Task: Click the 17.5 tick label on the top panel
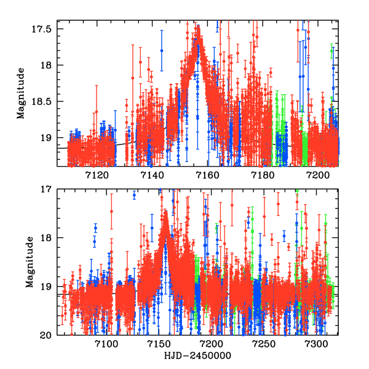(48, 28)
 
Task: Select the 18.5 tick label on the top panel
(48, 101)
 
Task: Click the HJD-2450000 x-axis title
(198, 356)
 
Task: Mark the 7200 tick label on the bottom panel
(212, 344)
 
